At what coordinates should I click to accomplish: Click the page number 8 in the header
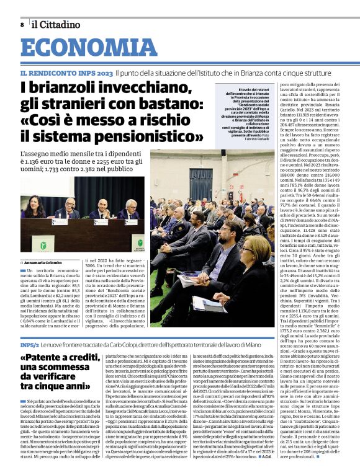tap(22, 24)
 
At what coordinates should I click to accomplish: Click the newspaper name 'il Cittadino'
tap(56, 24)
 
